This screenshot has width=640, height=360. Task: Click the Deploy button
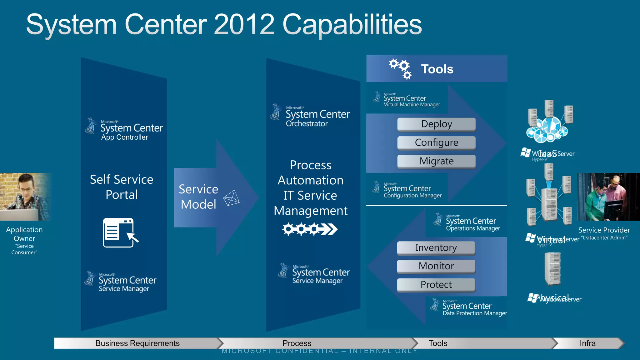436,124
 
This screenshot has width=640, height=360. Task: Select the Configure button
436,143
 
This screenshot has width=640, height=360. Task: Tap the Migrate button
436,161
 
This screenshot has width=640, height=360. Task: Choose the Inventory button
436,248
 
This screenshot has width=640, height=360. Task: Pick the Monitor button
436,266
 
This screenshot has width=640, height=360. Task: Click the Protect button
436,285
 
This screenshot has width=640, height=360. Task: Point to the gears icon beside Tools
400,68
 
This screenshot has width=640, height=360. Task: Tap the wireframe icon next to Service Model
232,198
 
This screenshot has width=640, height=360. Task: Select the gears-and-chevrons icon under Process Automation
310,229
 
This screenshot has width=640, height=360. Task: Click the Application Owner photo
25,197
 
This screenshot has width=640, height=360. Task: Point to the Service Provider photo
608,197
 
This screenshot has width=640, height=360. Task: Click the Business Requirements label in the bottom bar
137,343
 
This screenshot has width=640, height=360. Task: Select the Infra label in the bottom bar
587,343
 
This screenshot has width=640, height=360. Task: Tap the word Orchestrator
307,124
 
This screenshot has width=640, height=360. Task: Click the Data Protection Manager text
475,313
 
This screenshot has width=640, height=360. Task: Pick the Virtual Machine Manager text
412,105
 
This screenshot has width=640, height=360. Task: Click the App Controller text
124,137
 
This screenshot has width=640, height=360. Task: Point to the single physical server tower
552,269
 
